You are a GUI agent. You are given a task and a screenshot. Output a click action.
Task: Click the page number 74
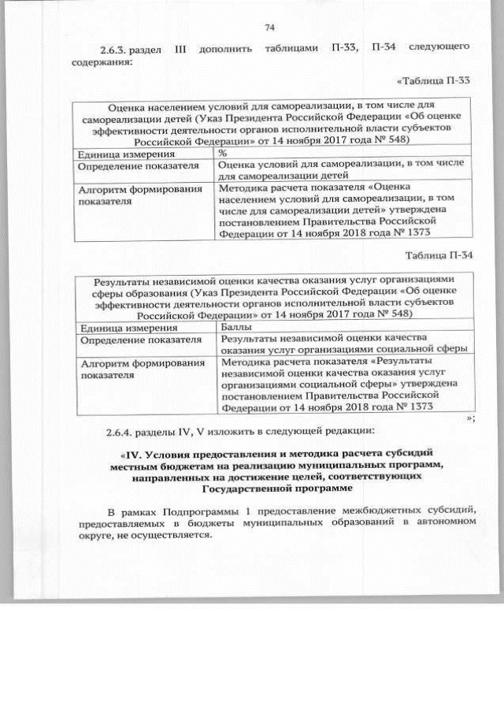(269, 28)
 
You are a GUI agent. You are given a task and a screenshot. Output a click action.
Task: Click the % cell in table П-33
(222, 153)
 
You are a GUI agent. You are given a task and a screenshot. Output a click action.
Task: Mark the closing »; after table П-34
(469, 418)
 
